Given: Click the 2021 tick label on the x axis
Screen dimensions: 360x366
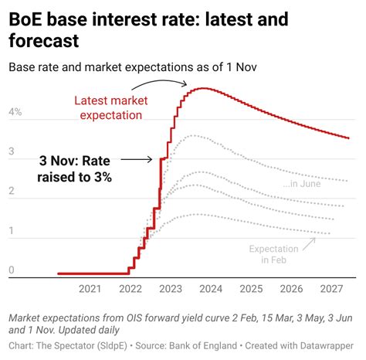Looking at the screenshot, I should tap(90, 288).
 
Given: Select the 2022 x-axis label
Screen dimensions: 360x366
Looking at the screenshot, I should tap(130, 288).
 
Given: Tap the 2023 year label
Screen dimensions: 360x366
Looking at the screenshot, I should tap(170, 288).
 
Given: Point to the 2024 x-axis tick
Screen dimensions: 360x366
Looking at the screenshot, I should tap(210, 288).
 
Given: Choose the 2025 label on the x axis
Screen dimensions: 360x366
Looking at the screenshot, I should tap(250, 288).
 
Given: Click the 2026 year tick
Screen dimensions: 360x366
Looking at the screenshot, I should tap(290, 288).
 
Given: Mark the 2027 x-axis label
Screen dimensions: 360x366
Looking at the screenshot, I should tap(330, 288).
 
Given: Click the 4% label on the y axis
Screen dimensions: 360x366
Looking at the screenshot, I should tap(15, 113).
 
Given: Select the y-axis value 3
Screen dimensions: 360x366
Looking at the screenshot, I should tap(12, 154).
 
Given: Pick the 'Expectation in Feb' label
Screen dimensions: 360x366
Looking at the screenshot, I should tap(275, 255).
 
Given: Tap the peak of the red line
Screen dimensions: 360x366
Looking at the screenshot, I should tap(202, 88).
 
